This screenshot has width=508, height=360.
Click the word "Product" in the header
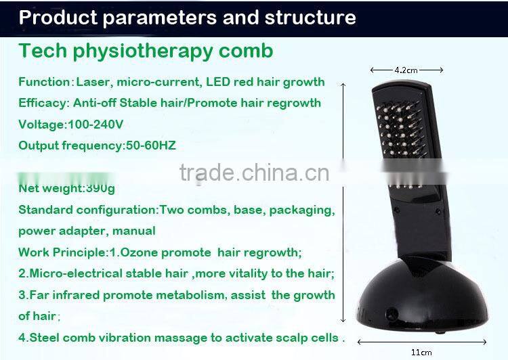point(55,17)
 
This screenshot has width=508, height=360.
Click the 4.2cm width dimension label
point(406,69)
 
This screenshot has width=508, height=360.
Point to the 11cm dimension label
point(421,352)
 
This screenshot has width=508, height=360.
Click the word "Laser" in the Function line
point(92,82)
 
